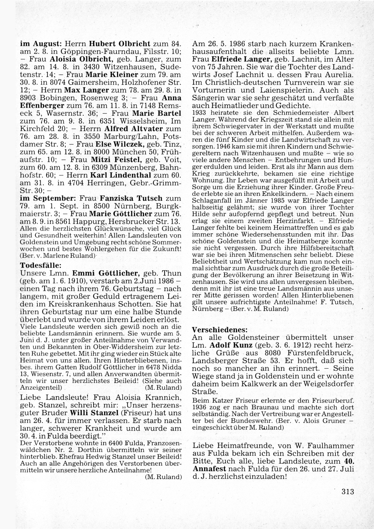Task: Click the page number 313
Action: click(347, 492)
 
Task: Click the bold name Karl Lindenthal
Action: click(121, 175)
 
